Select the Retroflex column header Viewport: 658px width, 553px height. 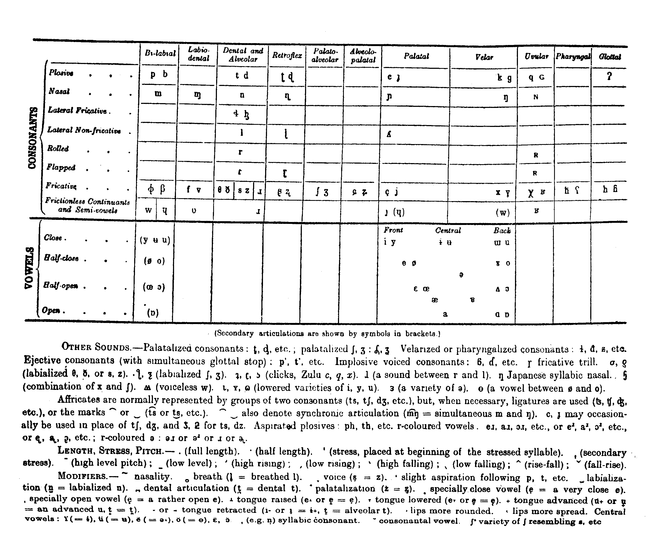click(x=287, y=56)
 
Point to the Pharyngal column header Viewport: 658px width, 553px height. click(x=573, y=57)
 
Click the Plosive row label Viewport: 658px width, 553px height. click(x=61, y=73)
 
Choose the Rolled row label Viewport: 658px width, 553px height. click(x=58, y=148)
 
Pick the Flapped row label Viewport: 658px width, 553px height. click(x=61, y=167)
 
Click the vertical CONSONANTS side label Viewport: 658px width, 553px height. click(x=33, y=138)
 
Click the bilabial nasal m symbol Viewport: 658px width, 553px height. click(x=158, y=94)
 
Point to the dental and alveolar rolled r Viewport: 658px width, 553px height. click(x=240, y=152)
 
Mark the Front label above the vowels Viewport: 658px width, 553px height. click(x=393, y=230)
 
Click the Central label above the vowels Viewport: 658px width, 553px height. click(x=448, y=231)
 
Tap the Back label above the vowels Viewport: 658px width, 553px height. click(x=502, y=231)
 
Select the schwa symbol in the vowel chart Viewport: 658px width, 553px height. click(x=461, y=275)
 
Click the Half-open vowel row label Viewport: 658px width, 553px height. click(x=61, y=285)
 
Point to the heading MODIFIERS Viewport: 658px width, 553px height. click(x=82, y=476)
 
